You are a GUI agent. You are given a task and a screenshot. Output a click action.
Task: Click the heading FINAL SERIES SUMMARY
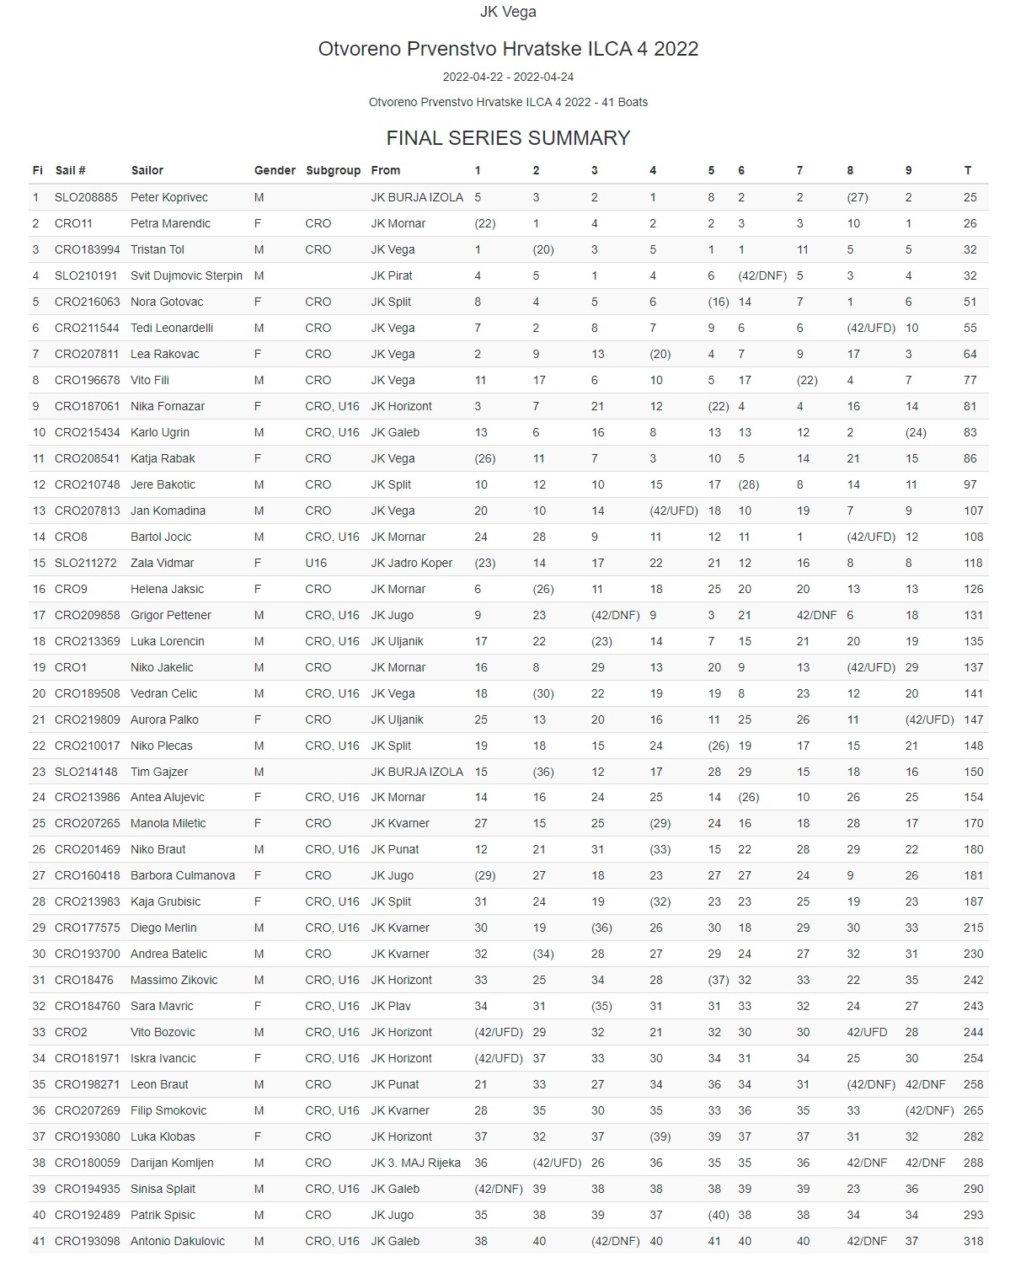tap(508, 138)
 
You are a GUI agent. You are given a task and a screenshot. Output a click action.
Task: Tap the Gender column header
tap(275, 170)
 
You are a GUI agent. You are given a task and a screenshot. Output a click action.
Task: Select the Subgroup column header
tap(333, 170)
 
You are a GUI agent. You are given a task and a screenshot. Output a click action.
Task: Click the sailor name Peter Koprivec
tap(169, 197)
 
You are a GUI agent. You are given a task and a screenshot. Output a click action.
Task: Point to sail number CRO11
tap(73, 223)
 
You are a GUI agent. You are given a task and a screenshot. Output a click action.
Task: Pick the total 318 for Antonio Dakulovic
tap(973, 1241)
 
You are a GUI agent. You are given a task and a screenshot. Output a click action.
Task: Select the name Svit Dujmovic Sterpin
tap(186, 275)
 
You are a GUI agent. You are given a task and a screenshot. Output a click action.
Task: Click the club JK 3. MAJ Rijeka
tap(416, 1163)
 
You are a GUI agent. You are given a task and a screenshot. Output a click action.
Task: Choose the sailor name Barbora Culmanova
tap(183, 875)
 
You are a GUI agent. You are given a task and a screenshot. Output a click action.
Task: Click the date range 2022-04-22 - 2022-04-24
tap(508, 77)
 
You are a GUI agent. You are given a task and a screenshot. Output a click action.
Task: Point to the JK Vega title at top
tap(508, 12)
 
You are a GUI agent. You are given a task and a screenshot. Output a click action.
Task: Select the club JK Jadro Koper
tap(412, 563)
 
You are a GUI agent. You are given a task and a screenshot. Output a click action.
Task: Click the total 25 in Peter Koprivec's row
tap(970, 197)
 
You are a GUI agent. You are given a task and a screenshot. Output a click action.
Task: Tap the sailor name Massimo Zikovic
tap(174, 980)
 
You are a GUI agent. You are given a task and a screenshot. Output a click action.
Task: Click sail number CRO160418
tap(87, 875)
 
